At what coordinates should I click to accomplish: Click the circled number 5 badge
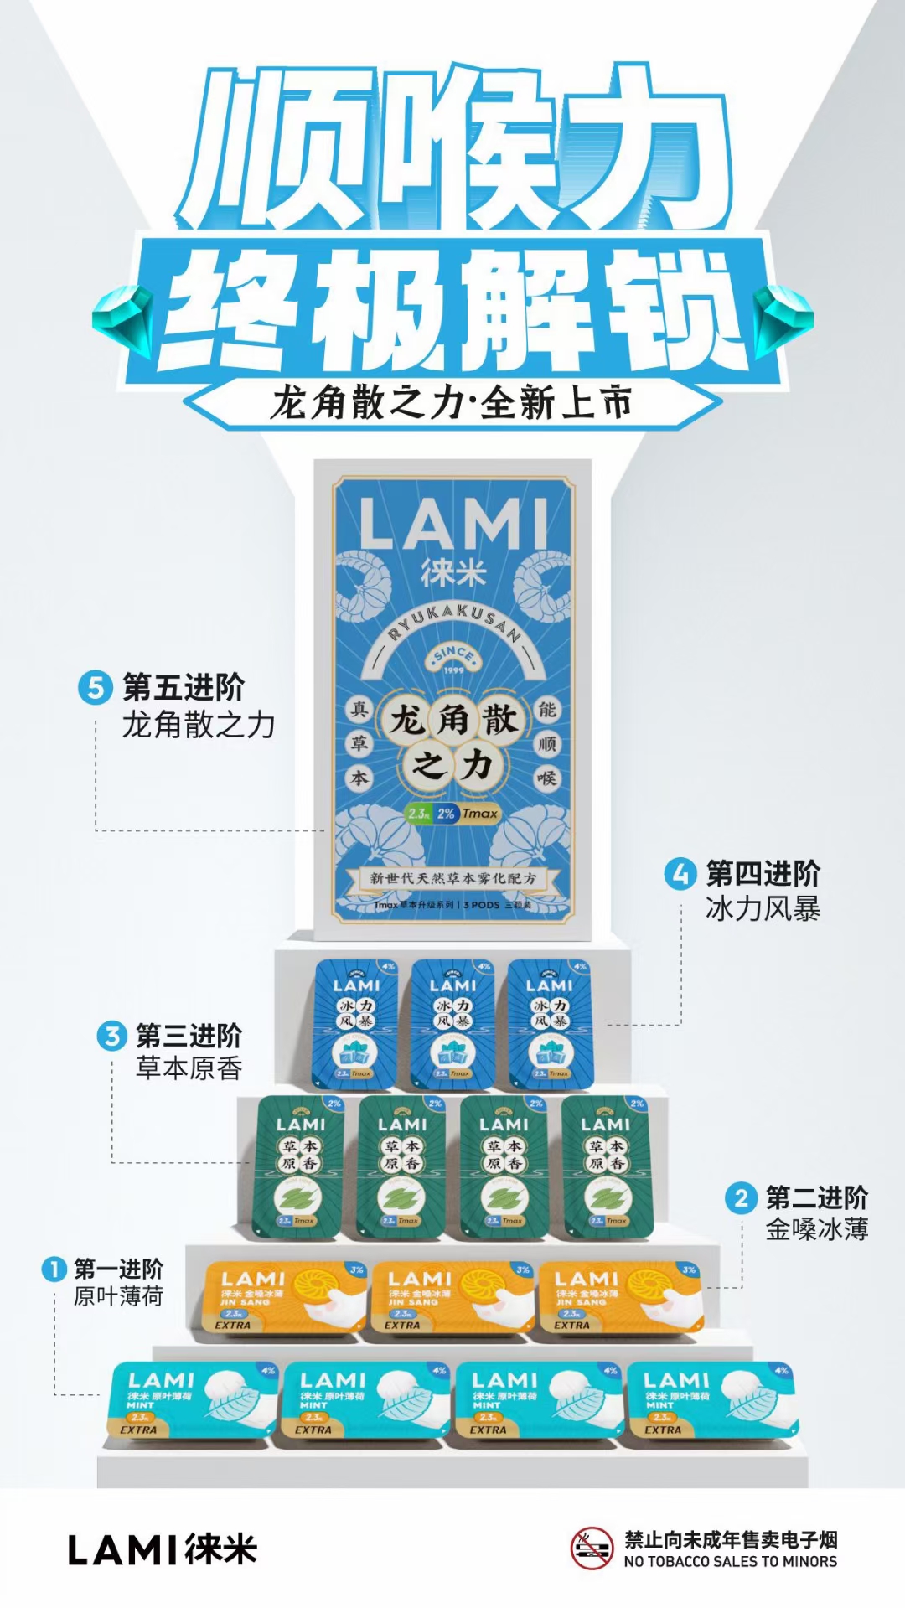pos(95,688)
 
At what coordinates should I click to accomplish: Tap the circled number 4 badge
pos(680,874)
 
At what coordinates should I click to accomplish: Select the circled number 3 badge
pos(111,1037)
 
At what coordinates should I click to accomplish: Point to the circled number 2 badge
pos(741,1197)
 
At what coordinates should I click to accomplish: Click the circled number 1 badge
pos(54,1269)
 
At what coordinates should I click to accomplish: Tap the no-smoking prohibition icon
pos(592,1549)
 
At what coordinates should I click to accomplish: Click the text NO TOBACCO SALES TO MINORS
pos(730,1562)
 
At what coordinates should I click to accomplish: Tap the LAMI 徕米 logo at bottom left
pos(162,1550)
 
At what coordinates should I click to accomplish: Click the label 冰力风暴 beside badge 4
pos(763,908)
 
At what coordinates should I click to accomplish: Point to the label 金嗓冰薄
pos(816,1229)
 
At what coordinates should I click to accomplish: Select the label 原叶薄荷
pos(118,1296)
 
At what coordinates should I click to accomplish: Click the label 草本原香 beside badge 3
pos(189,1068)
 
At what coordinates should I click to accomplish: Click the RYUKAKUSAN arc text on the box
pos(453,622)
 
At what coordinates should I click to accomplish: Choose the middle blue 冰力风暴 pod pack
pos(452,1023)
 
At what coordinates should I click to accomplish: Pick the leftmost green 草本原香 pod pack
pos(298,1167)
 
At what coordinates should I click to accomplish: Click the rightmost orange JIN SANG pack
pos(621,1298)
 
